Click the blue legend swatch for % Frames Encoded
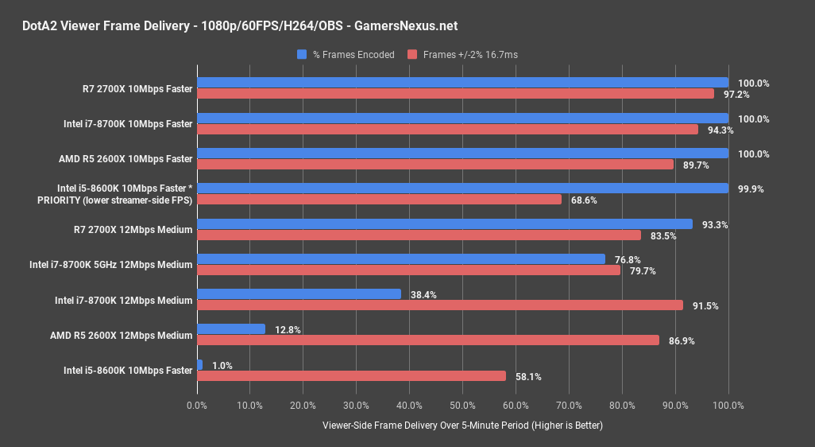pos(302,55)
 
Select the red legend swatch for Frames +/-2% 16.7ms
pos(411,55)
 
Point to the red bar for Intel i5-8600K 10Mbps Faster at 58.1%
pos(351,375)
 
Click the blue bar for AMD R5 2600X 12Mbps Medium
pos(231,328)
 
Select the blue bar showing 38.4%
pos(299,293)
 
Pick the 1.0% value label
pos(222,365)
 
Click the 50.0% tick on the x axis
pos(463,406)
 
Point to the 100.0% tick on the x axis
pos(728,406)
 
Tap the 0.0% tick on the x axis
pos(197,406)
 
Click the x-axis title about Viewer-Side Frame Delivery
pos(462,426)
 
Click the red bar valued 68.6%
pos(379,199)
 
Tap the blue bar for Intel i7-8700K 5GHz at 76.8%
pos(401,258)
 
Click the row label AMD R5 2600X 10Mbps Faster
pos(126,158)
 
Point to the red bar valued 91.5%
pos(440,305)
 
